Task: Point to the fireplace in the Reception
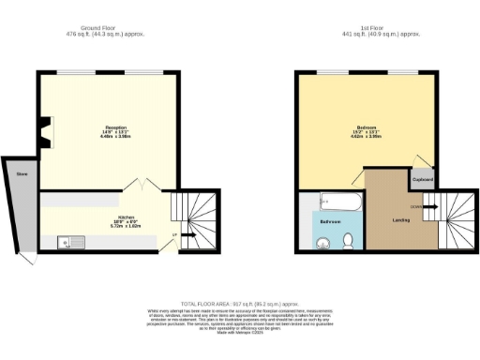[x=47, y=132]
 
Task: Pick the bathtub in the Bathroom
[x=334, y=201]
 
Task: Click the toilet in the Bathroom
[x=348, y=242]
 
